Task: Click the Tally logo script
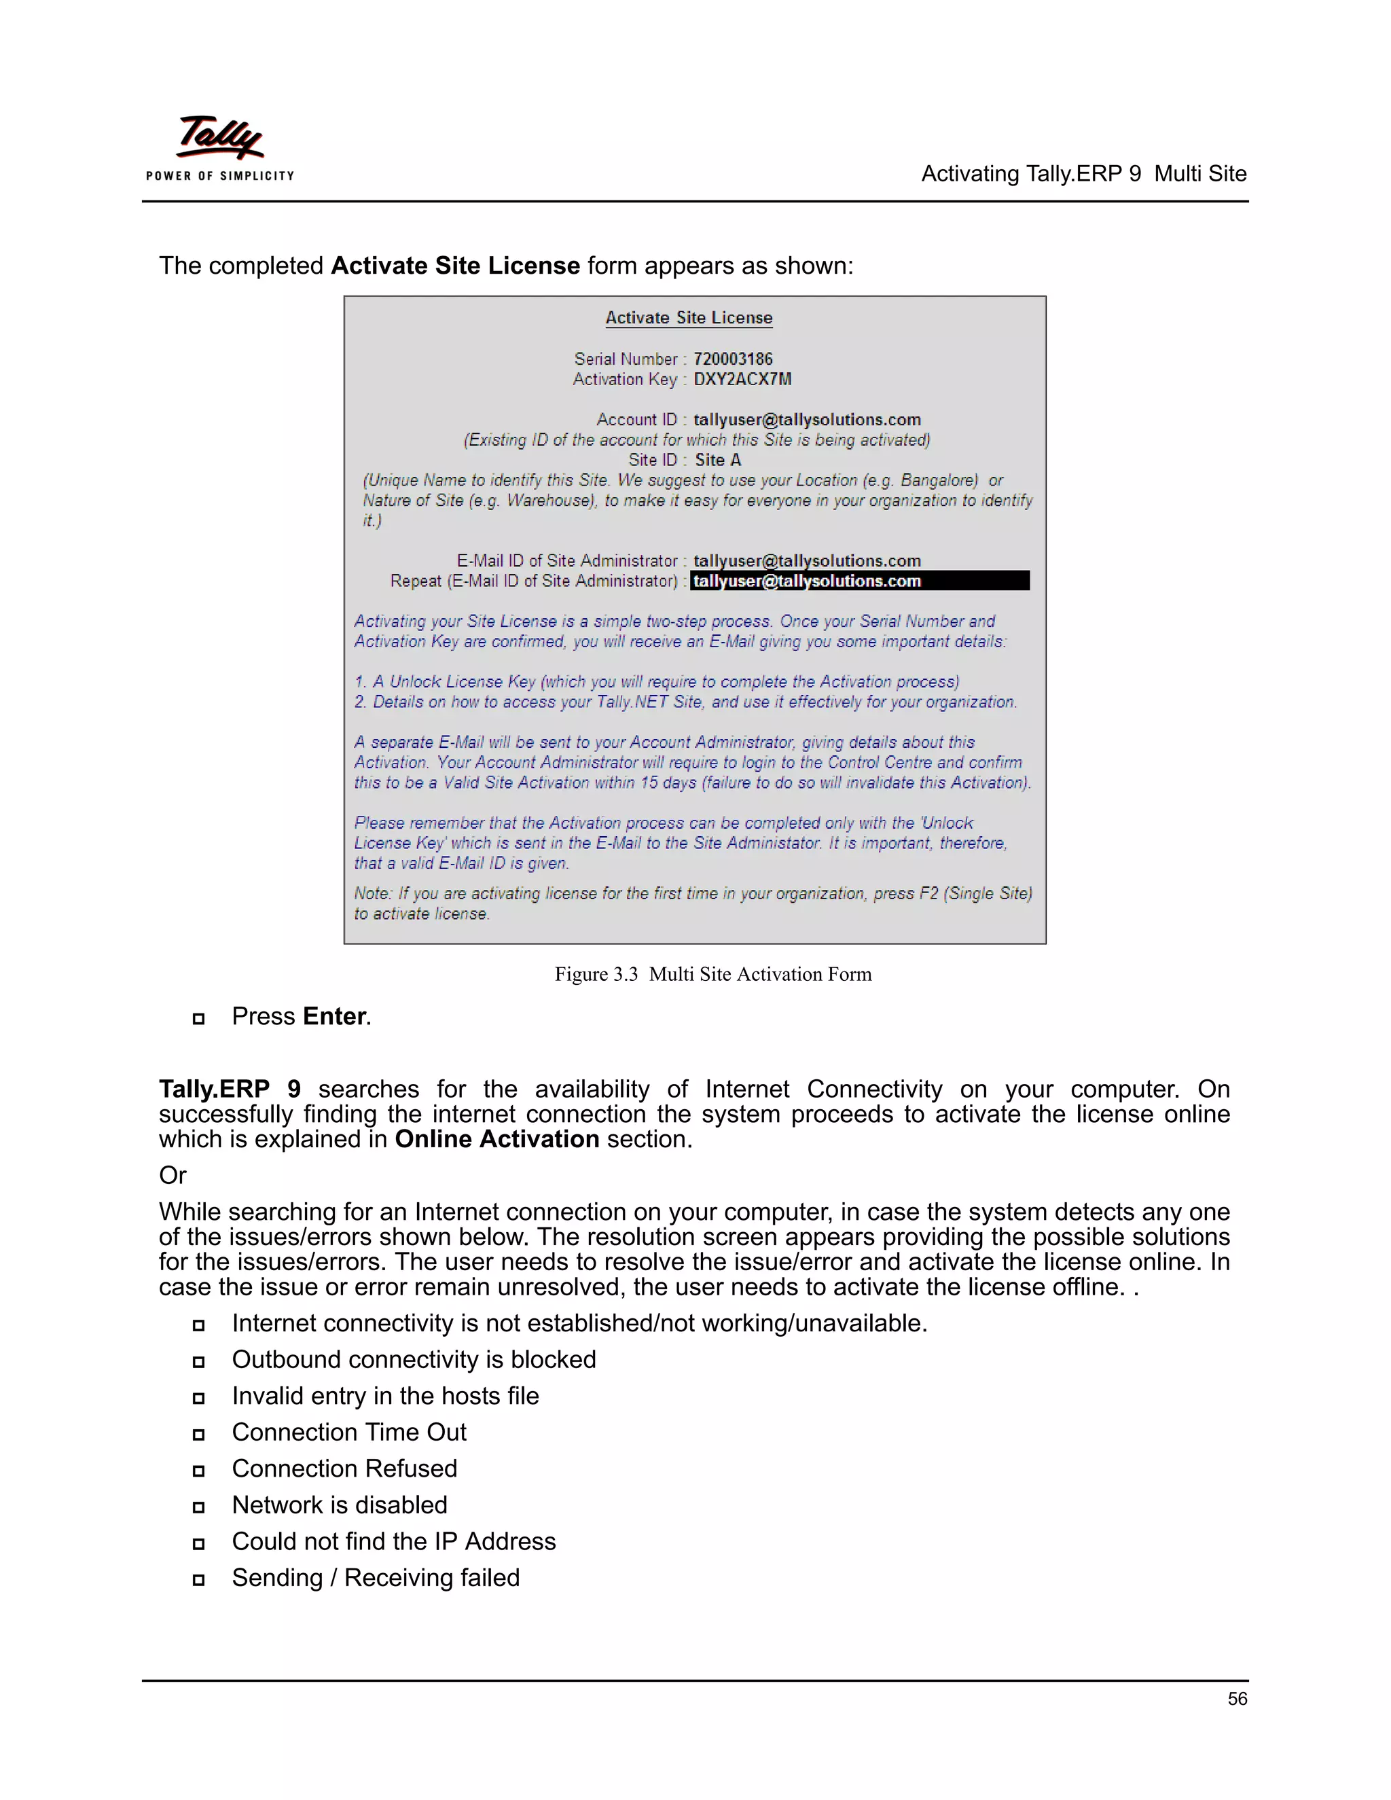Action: coord(220,136)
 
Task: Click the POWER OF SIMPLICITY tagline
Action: coord(220,175)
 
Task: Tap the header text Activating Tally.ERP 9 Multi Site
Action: coord(1083,174)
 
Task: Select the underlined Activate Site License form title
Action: coord(689,318)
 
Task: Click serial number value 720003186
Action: coord(733,359)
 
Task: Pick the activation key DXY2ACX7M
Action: coord(742,379)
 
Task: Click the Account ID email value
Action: coord(807,420)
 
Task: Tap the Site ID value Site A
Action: coord(718,460)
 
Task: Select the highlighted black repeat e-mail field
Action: coord(859,581)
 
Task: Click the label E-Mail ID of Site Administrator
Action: coord(567,561)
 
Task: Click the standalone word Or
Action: coord(173,1175)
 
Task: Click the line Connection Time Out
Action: coord(348,1433)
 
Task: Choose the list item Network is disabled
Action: coord(340,1505)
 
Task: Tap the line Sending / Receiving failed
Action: coord(376,1577)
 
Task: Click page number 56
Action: coord(1237,1699)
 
